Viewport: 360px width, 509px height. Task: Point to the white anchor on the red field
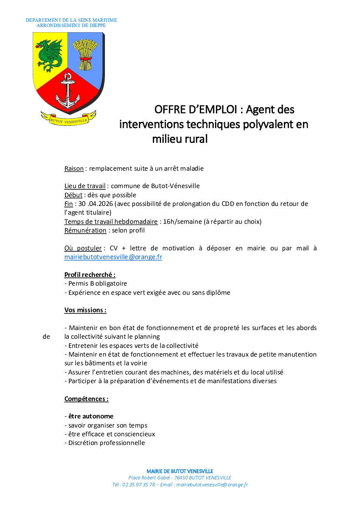[67, 91]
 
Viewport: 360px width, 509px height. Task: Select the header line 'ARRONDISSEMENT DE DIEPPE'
[71, 25]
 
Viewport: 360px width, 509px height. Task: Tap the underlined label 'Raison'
[74, 168]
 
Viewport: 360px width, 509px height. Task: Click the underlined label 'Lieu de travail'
[85, 186]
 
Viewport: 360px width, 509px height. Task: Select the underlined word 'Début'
[74, 195]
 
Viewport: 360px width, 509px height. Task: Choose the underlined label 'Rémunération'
[85, 230]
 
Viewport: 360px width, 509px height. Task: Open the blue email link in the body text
[113, 257]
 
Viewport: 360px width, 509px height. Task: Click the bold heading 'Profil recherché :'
[90, 275]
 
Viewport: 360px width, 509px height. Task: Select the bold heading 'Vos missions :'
[85, 310]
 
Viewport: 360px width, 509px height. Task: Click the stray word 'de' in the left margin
[46, 337]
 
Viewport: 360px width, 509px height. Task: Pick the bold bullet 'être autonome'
[91, 416]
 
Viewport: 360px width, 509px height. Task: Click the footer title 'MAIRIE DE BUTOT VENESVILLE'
[180, 471]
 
